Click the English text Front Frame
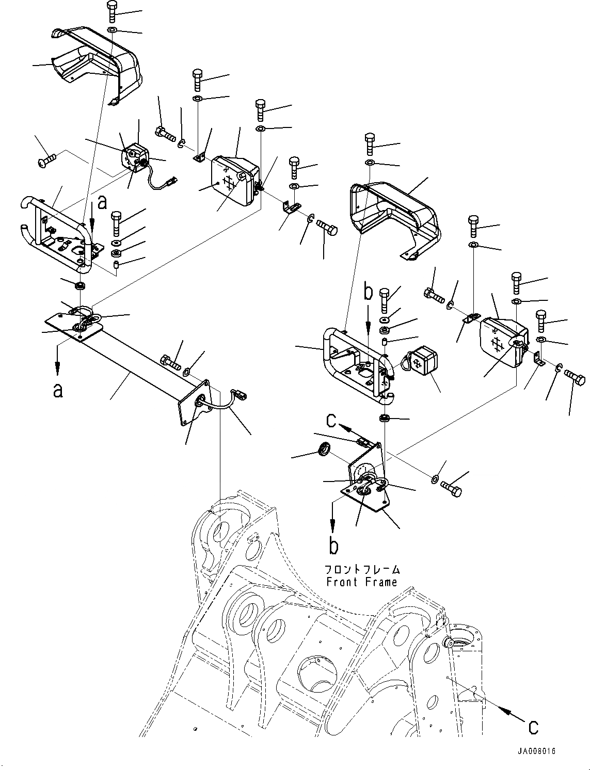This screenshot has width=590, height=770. (361, 582)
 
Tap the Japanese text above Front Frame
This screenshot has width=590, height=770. (361, 570)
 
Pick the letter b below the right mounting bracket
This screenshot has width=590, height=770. (334, 545)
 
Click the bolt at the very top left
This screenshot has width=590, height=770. (113, 10)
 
